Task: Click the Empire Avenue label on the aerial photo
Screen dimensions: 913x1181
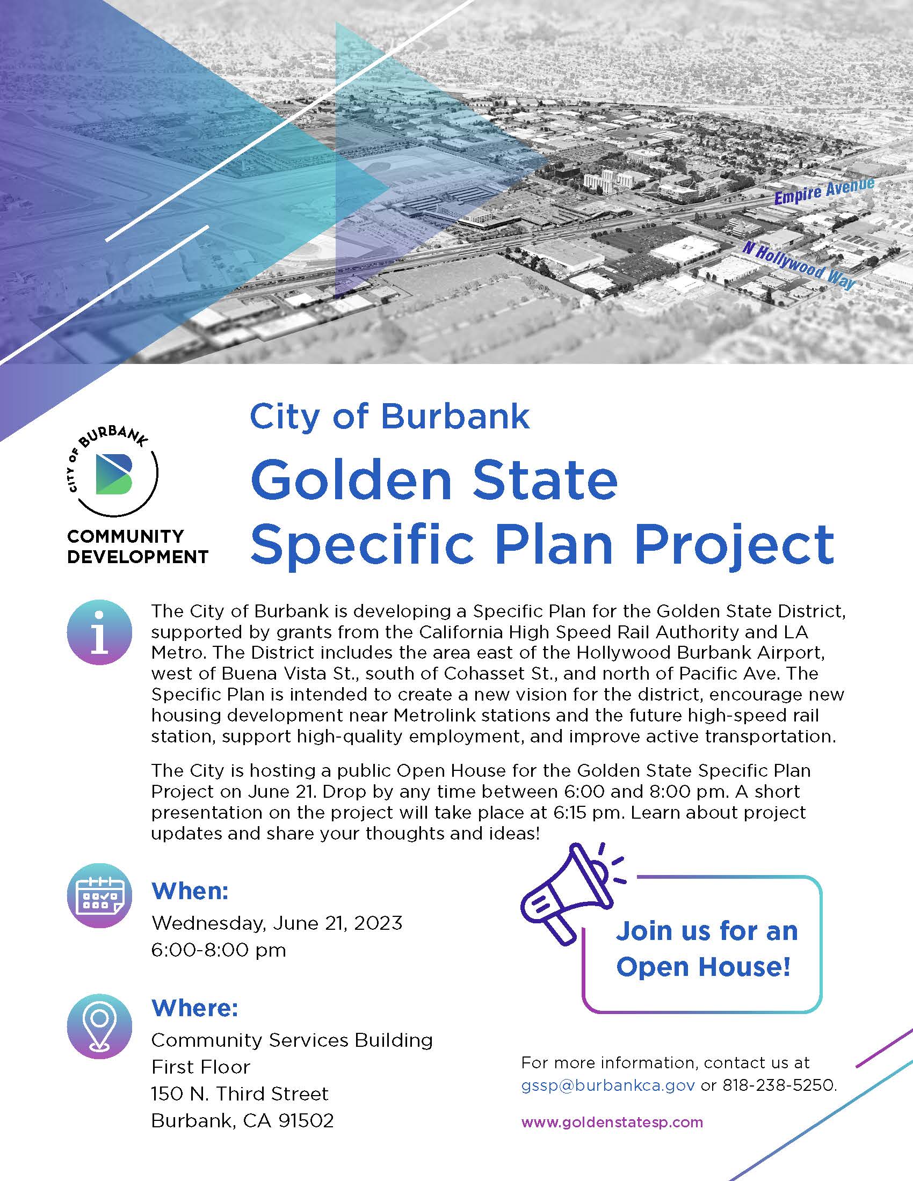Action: click(824, 192)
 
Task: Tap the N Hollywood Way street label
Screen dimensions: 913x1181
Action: click(800, 266)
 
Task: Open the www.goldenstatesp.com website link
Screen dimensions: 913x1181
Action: click(612, 1122)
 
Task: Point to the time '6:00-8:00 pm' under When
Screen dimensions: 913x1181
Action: click(219, 950)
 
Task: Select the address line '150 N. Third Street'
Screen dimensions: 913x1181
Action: click(240, 1093)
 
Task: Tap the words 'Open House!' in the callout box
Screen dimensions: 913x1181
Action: click(704, 967)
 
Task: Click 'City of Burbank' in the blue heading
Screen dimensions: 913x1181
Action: click(389, 417)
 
